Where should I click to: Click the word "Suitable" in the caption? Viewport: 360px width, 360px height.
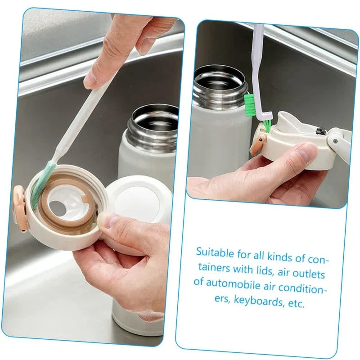tap(214, 252)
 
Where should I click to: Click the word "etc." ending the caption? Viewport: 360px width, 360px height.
tap(296, 302)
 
